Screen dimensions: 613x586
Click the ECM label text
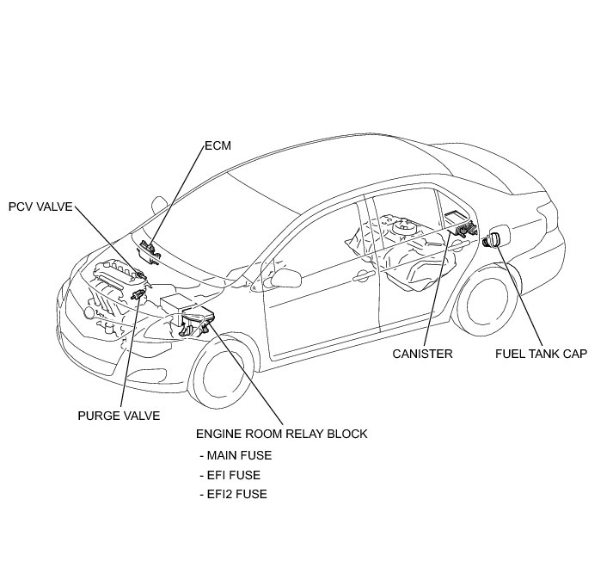point(218,145)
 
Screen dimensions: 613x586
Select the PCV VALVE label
point(40,207)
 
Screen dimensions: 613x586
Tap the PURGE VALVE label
point(119,416)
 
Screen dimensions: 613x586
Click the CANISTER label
point(422,354)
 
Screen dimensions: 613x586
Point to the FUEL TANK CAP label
point(541,354)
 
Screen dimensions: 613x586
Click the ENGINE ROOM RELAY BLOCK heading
point(281,434)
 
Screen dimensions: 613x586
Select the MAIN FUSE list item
point(236,455)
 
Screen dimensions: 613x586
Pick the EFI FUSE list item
point(230,475)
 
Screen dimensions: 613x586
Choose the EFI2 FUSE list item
point(233,494)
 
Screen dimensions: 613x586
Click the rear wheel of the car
point(486,302)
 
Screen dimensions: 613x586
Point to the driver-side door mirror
point(285,278)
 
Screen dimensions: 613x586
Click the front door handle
point(365,276)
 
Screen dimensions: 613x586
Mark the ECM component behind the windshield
point(149,252)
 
